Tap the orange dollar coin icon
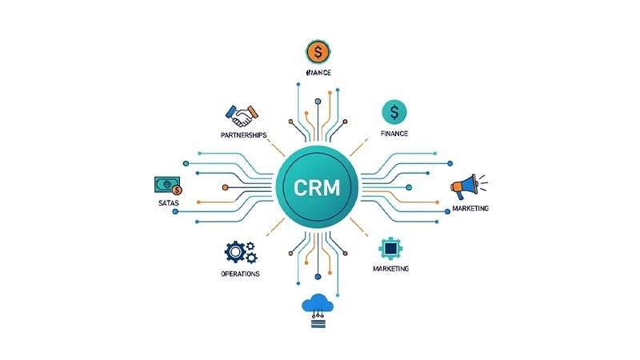click(x=318, y=53)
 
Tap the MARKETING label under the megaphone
click(x=470, y=209)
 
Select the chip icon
click(x=390, y=248)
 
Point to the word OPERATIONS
click(x=240, y=274)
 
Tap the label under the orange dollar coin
click(x=318, y=74)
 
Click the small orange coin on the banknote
click(x=178, y=190)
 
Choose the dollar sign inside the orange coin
click(x=318, y=53)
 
